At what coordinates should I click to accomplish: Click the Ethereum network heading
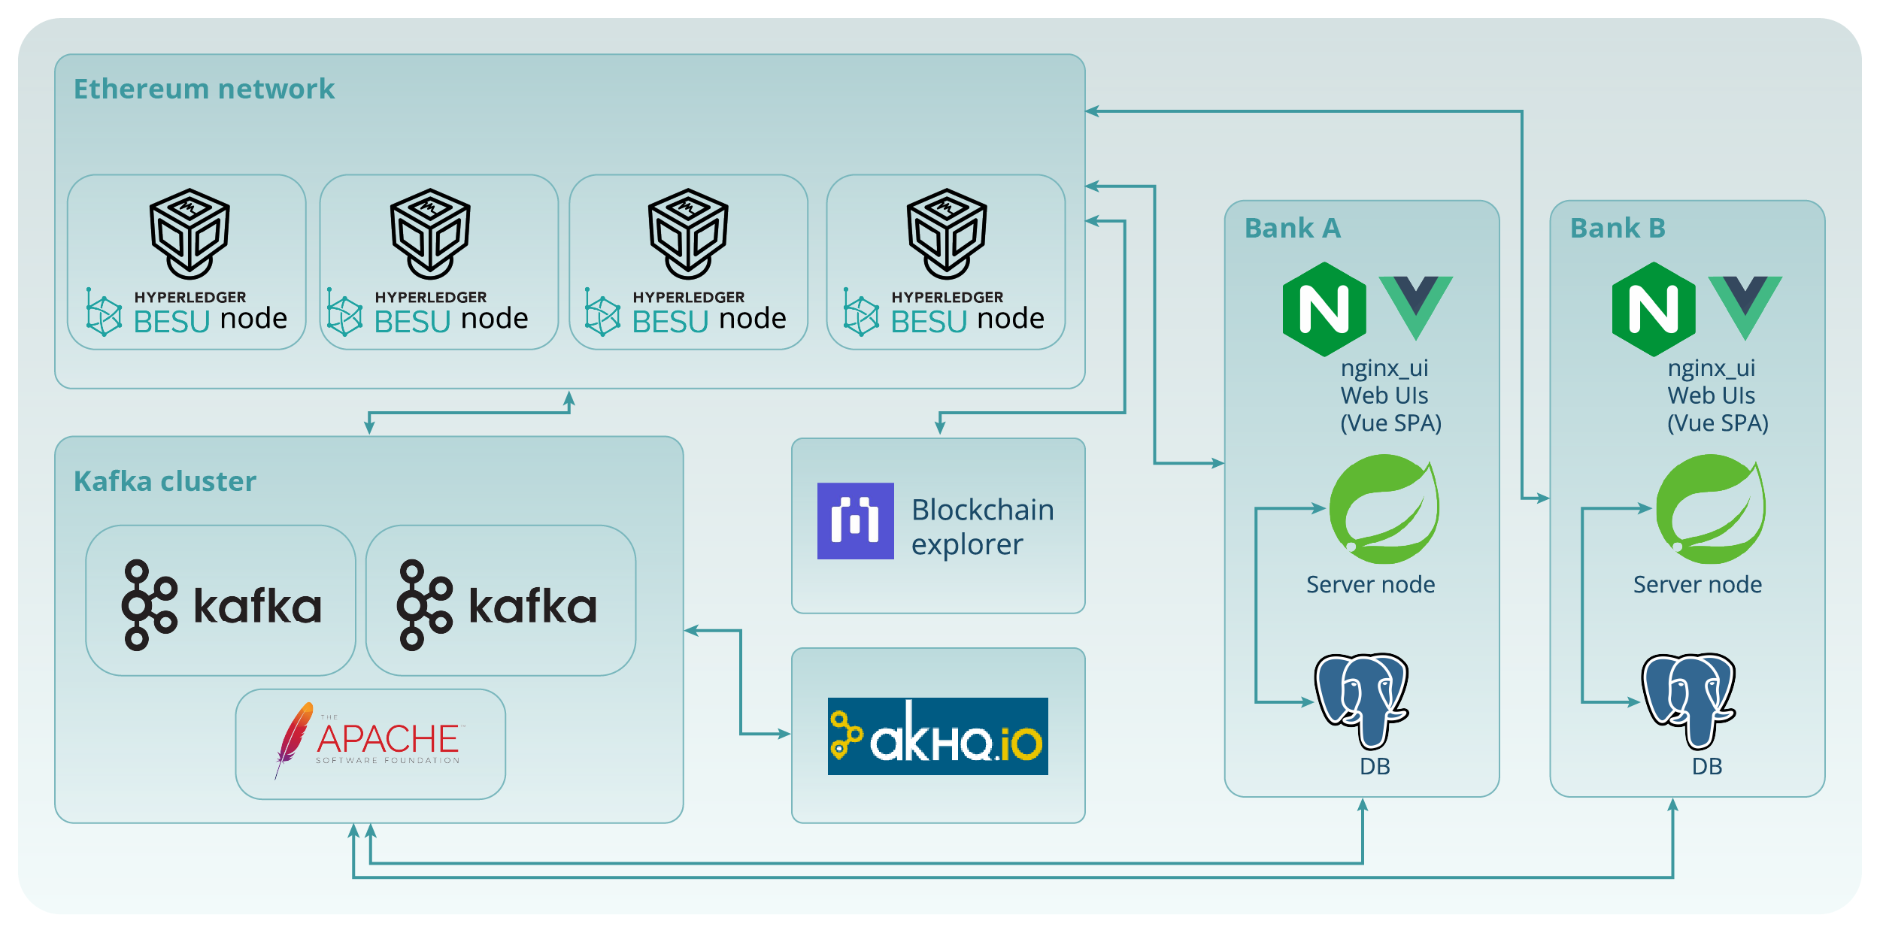(204, 89)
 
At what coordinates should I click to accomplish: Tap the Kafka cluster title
(165, 481)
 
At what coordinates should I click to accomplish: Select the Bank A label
(1292, 228)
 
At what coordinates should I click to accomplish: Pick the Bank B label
(1618, 228)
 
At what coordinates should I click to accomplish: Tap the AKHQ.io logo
(937, 736)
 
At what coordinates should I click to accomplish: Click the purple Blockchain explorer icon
(855, 520)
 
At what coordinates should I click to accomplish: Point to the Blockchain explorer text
(981, 526)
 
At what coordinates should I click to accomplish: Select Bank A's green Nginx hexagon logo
(1324, 309)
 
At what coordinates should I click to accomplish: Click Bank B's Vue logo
(1745, 304)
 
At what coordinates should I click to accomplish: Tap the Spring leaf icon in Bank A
(1384, 509)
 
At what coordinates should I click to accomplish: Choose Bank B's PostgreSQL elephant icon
(1689, 699)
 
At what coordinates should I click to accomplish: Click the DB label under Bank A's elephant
(1375, 766)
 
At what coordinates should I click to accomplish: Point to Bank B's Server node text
(1697, 584)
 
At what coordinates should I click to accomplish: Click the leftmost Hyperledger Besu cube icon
(190, 232)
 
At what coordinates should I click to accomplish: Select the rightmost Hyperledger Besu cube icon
(946, 232)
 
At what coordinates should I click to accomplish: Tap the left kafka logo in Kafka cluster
(221, 604)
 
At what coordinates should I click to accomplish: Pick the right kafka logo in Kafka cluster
(496, 604)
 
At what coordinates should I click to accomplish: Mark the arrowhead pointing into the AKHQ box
(784, 733)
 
